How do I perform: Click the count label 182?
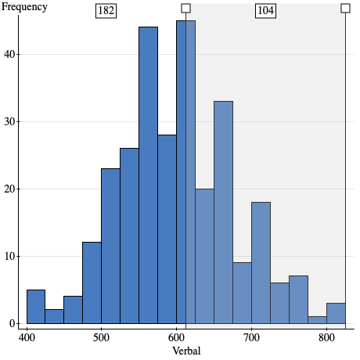pos(106,11)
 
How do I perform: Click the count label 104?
pos(266,11)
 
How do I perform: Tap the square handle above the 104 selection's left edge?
pos(185,8)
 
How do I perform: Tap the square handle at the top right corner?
pos(345,8)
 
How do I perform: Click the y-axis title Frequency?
pos(24,7)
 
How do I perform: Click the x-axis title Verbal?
pos(186,351)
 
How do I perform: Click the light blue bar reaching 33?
pos(223,212)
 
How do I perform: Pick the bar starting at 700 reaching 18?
pos(261,263)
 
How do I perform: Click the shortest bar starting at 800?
pos(317,320)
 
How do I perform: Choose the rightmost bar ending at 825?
pos(336,313)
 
